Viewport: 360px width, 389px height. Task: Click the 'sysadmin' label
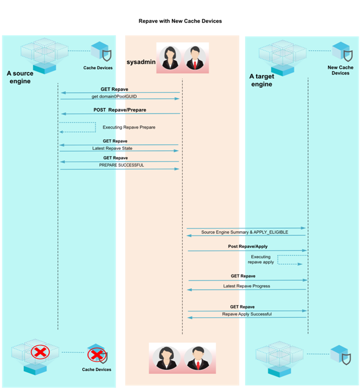pos(141,62)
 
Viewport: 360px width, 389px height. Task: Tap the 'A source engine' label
pos(20,77)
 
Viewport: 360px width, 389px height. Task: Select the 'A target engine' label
pos(262,81)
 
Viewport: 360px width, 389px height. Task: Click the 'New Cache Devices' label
pos(341,70)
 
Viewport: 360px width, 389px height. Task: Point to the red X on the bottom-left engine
pos(39,353)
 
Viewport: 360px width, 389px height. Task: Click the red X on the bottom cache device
pos(96,355)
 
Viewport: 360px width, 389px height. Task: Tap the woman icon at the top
pos(170,57)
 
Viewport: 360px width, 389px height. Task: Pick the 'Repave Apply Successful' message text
pos(246,314)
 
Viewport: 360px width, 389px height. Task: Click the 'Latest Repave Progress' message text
pos(246,286)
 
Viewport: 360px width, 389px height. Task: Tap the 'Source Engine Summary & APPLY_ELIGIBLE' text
pos(244,232)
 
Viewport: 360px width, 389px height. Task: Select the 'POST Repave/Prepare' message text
pos(119,110)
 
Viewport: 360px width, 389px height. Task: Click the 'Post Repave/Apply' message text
pos(248,246)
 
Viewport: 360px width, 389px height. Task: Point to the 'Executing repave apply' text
pos(261,259)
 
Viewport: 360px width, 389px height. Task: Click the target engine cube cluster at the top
pos(282,56)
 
